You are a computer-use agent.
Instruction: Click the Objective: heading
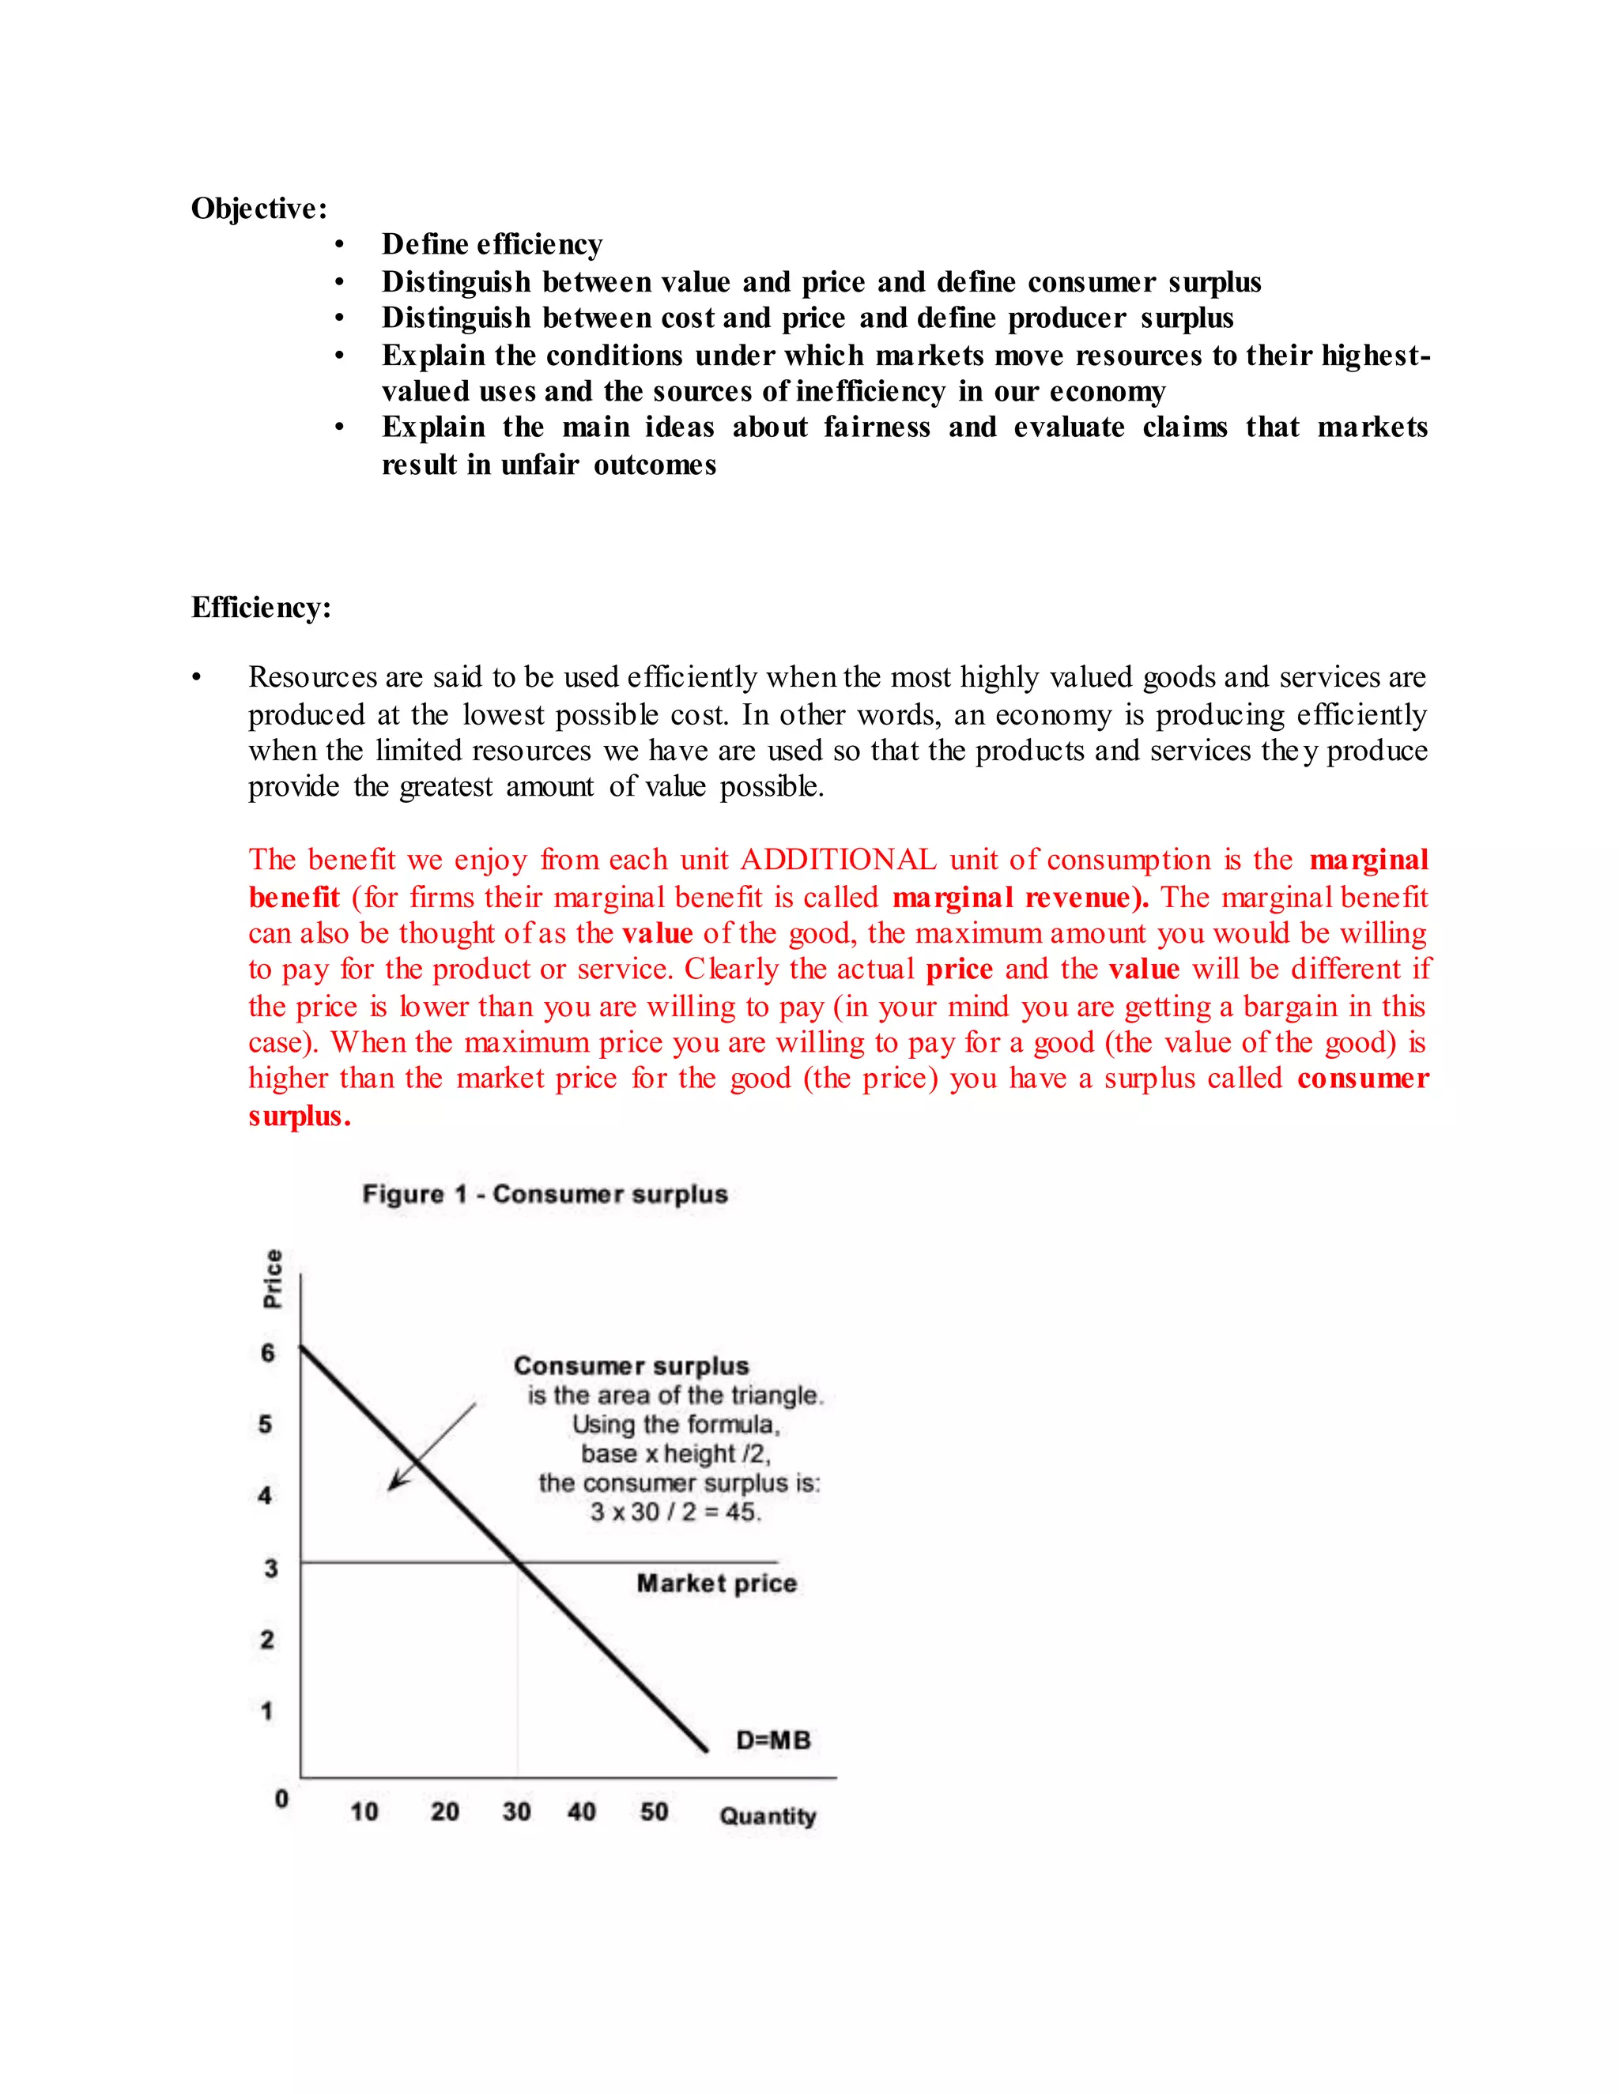coord(259,208)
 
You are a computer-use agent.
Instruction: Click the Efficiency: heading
coord(261,607)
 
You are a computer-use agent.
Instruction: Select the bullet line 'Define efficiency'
coord(492,244)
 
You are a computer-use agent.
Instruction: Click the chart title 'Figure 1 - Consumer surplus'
coord(545,1194)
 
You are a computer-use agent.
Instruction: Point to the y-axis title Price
coord(274,1278)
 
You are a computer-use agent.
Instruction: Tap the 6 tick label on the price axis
coord(268,1353)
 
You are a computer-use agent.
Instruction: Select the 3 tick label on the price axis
coord(270,1568)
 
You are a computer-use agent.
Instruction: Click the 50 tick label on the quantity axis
coord(654,1811)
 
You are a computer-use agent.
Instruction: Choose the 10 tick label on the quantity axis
coord(364,1811)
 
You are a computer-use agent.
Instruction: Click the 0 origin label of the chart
coord(281,1798)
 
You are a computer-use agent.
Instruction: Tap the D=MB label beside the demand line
coord(773,1739)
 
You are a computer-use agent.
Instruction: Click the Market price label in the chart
coord(716,1583)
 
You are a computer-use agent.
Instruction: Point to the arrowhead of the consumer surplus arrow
coord(392,1487)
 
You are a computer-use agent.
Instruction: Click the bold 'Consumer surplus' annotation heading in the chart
coord(631,1365)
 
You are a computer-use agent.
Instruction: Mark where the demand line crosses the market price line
coord(518,1562)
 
